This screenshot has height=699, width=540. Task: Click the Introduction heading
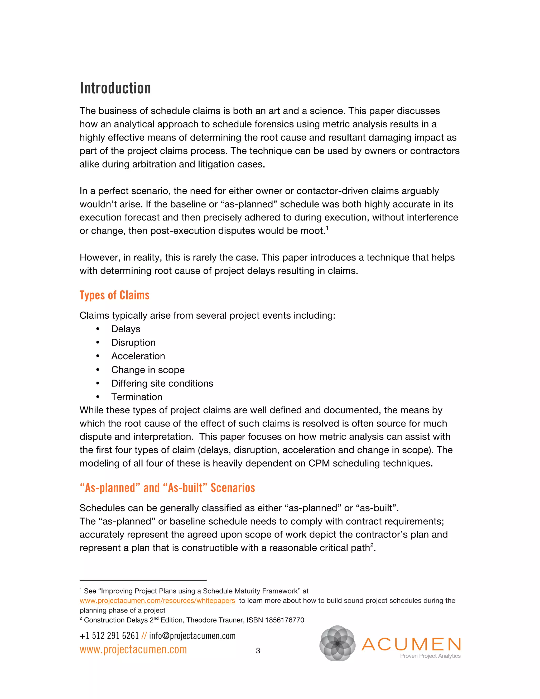click(x=115, y=88)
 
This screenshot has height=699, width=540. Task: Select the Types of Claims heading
click(x=114, y=295)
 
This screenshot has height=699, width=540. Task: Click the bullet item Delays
click(x=126, y=329)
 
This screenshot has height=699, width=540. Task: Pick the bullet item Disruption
click(x=133, y=342)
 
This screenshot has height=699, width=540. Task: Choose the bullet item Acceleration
click(x=138, y=356)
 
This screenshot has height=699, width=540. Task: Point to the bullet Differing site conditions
click(x=162, y=384)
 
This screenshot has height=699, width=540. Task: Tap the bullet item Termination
click(x=137, y=397)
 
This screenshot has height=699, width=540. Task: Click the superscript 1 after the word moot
click(x=327, y=228)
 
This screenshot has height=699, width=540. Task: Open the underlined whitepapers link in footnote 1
click(x=157, y=600)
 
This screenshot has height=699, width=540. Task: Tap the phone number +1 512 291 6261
click(x=109, y=636)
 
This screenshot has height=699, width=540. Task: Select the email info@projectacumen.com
click(x=192, y=636)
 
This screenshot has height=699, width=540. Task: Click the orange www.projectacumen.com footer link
click(x=133, y=649)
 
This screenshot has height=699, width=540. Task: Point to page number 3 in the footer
click(x=258, y=651)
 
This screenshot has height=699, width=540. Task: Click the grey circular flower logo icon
click(x=337, y=643)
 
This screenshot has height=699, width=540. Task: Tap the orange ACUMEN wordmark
click(x=411, y=644)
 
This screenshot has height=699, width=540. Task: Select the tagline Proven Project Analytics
click(x=430, y=656)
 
